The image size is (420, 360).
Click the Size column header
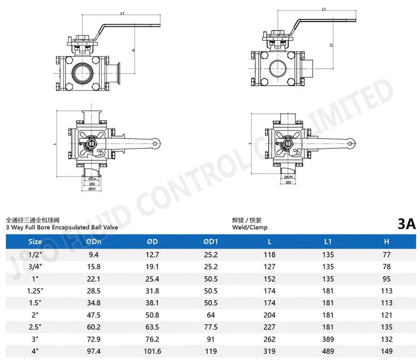tap(35, 241)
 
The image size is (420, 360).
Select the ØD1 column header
tap(211, 241)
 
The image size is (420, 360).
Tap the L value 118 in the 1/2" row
tap(269, 254)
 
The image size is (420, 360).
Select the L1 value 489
tap(328, 352)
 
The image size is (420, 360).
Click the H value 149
tap(386, 352)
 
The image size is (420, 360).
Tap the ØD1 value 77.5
tap(211, 327)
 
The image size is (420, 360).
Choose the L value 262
tap(269, 339)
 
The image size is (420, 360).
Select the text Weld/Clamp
tap(250, 227)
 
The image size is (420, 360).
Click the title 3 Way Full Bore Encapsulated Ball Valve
tap(62, 227)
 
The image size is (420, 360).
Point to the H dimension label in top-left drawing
tap(133, 50)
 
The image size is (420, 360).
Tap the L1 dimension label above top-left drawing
tap(122, 14)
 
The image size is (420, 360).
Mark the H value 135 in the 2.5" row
tap(386, 327)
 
